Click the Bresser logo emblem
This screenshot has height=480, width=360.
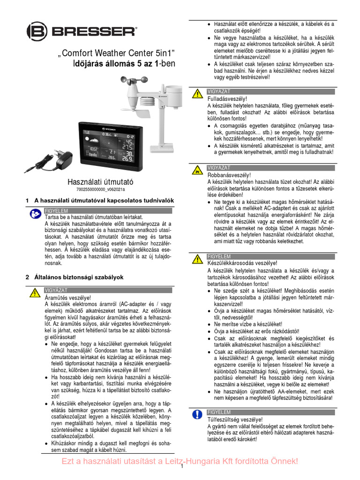36,31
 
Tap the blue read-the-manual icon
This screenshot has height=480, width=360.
34,214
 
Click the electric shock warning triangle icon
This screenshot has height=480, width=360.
34,293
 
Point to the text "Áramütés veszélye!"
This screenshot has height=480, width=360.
67,297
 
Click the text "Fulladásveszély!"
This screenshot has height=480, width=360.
227,99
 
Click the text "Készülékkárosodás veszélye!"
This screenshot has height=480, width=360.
242,263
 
